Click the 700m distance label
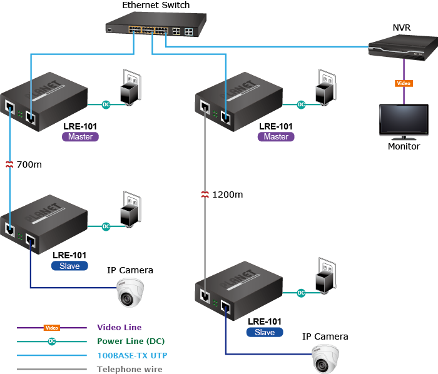(x=29, y=165)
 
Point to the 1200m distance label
(x=227, y=195)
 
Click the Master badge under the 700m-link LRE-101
(x=80, y=137)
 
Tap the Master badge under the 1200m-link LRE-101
(x=276, y=137)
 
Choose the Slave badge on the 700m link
(x=69, y=266)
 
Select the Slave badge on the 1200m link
(x=265, y=333)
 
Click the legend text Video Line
(x=119, y=327)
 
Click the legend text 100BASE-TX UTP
(x=132, y=355)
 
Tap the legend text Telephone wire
(x=129, y=369)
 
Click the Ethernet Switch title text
(x=156, y=6)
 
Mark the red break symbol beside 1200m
(x=205, y=195)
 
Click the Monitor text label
(x=404, y=146)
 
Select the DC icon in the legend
(x=52, y=341)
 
